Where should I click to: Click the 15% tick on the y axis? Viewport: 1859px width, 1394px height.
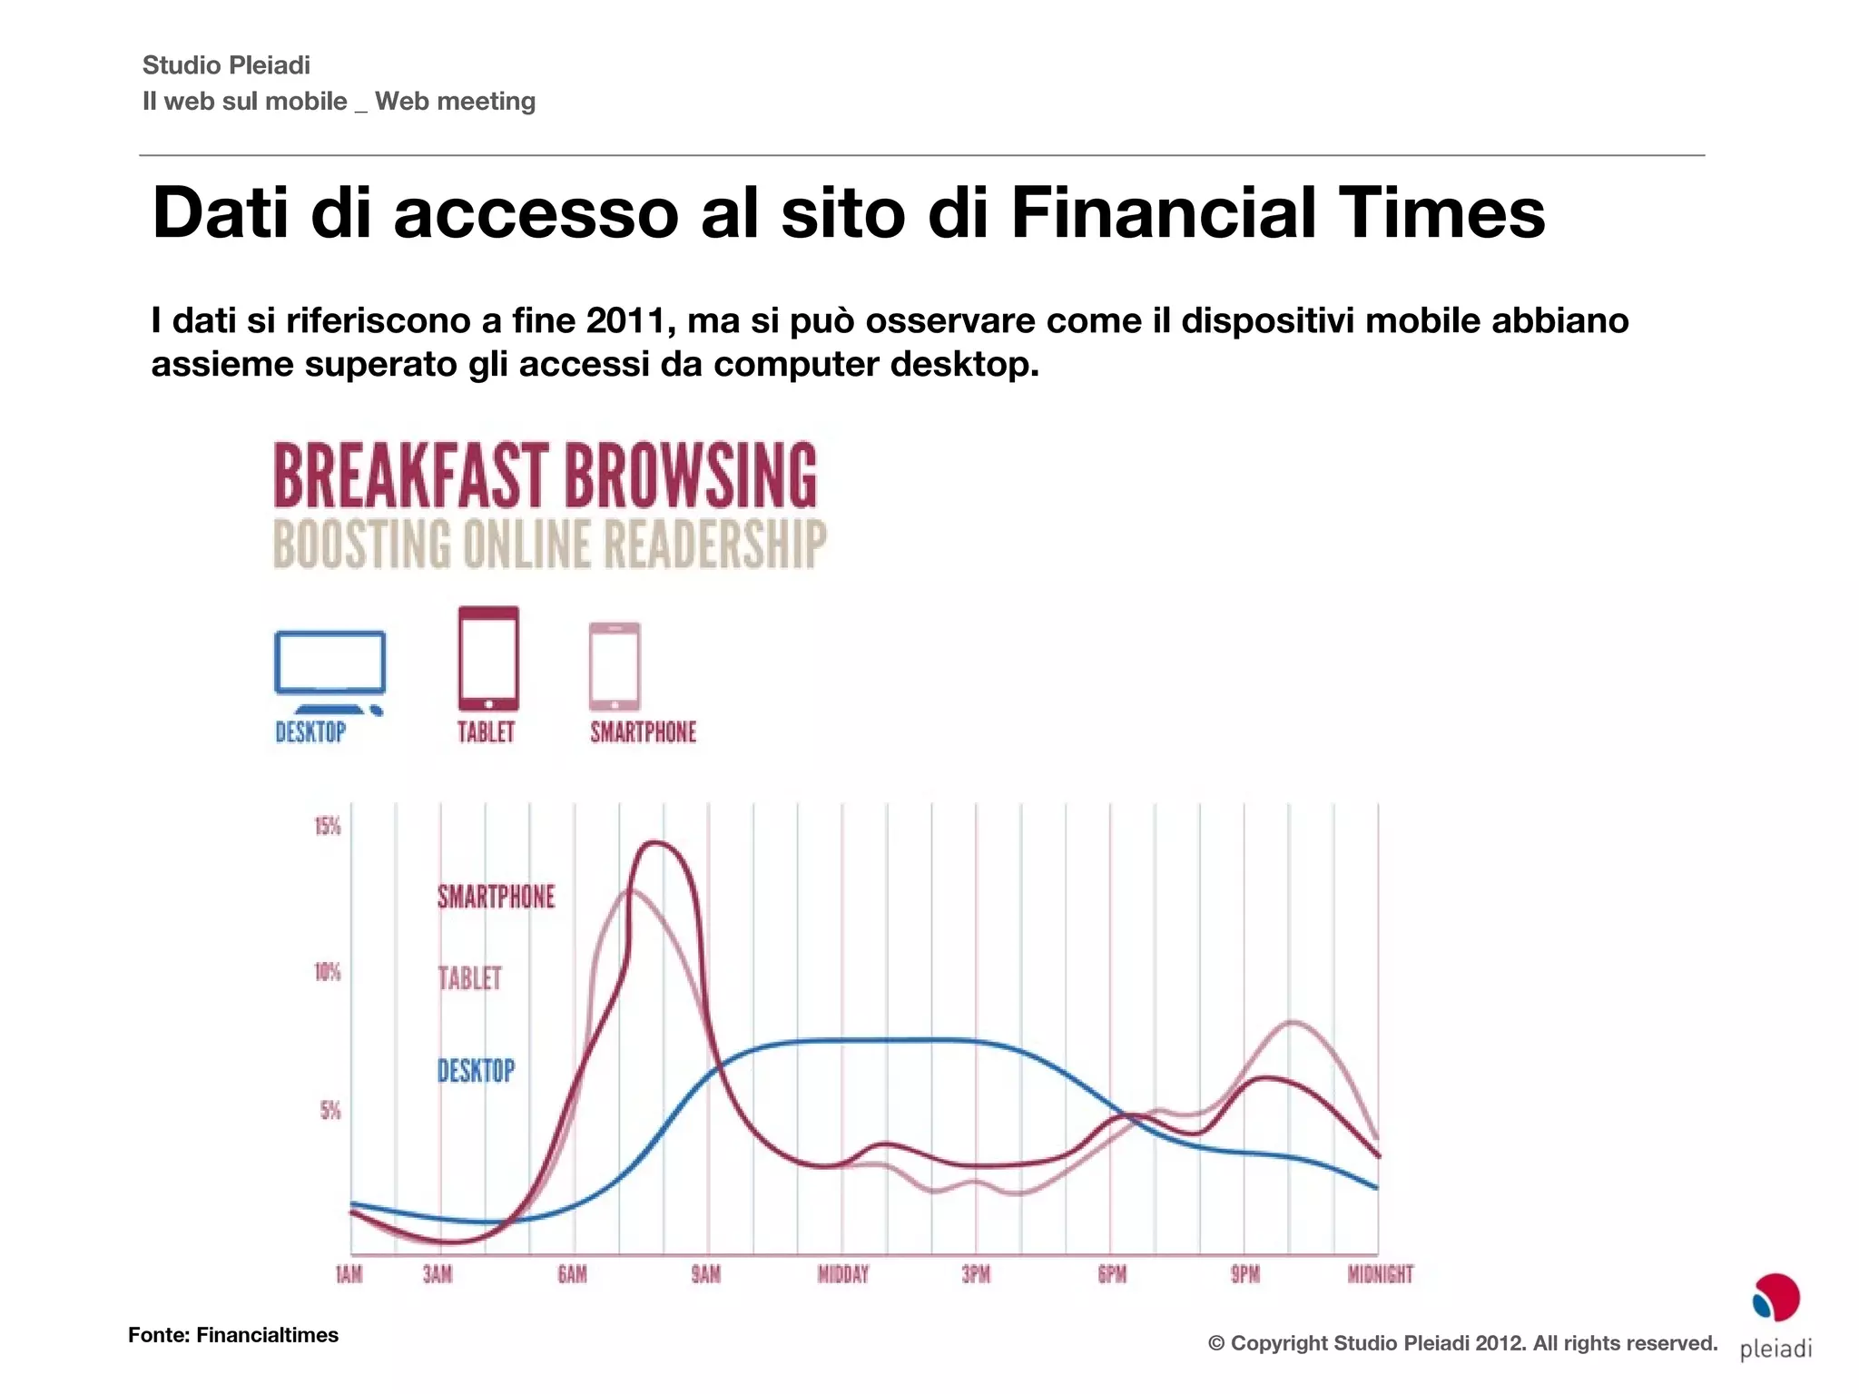328,826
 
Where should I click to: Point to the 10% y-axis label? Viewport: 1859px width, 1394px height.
328,972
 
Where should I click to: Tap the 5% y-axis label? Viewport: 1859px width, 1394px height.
330,1111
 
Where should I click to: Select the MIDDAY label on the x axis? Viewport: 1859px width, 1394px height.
843,1274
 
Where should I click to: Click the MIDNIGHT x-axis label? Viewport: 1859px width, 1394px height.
1380,1274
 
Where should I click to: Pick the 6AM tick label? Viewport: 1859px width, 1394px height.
572,1274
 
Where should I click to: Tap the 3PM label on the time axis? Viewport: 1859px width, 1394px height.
976,1274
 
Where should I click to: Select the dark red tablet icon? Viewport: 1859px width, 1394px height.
488,658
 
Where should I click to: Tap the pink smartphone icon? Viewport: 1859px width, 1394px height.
615,666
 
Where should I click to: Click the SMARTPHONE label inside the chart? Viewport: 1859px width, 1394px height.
496,897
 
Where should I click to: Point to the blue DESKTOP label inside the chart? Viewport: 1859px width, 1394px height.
476,1071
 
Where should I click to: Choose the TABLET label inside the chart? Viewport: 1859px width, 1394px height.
469,978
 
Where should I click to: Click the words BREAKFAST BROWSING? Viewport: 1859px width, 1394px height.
545,476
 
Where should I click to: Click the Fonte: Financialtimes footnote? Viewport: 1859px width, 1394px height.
233,1335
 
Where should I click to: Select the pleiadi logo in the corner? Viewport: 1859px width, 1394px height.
1775,1315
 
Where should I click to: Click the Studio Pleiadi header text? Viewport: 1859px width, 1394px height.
226,65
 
